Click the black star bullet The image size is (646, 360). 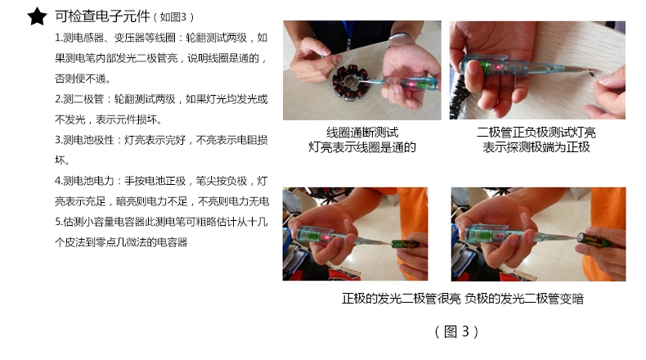tap(37, 16)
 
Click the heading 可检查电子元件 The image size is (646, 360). tap(102, 16)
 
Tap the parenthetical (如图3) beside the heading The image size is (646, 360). tap(173, 17)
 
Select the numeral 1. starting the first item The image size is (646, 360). tap(58, 38)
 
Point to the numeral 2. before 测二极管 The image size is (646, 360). tap(59, 99)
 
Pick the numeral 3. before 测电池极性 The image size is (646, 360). tap(59, 140)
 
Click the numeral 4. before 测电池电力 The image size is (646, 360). tap(59, 181)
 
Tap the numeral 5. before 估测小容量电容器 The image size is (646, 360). tap(59, 222)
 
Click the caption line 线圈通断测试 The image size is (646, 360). tap(362, 133)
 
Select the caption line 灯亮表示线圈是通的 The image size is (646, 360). tap(362, 147)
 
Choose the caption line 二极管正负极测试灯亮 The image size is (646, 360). tap(536, 133)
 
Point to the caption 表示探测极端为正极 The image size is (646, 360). tap(536, 147)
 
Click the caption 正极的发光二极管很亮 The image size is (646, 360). tap(401, 299)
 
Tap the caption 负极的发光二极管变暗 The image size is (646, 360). tap(524, 299)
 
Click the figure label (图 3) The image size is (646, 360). tap(456, 331)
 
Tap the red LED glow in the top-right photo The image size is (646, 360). tap(499, 67)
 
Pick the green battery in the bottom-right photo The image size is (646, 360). tap(594, 241)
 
